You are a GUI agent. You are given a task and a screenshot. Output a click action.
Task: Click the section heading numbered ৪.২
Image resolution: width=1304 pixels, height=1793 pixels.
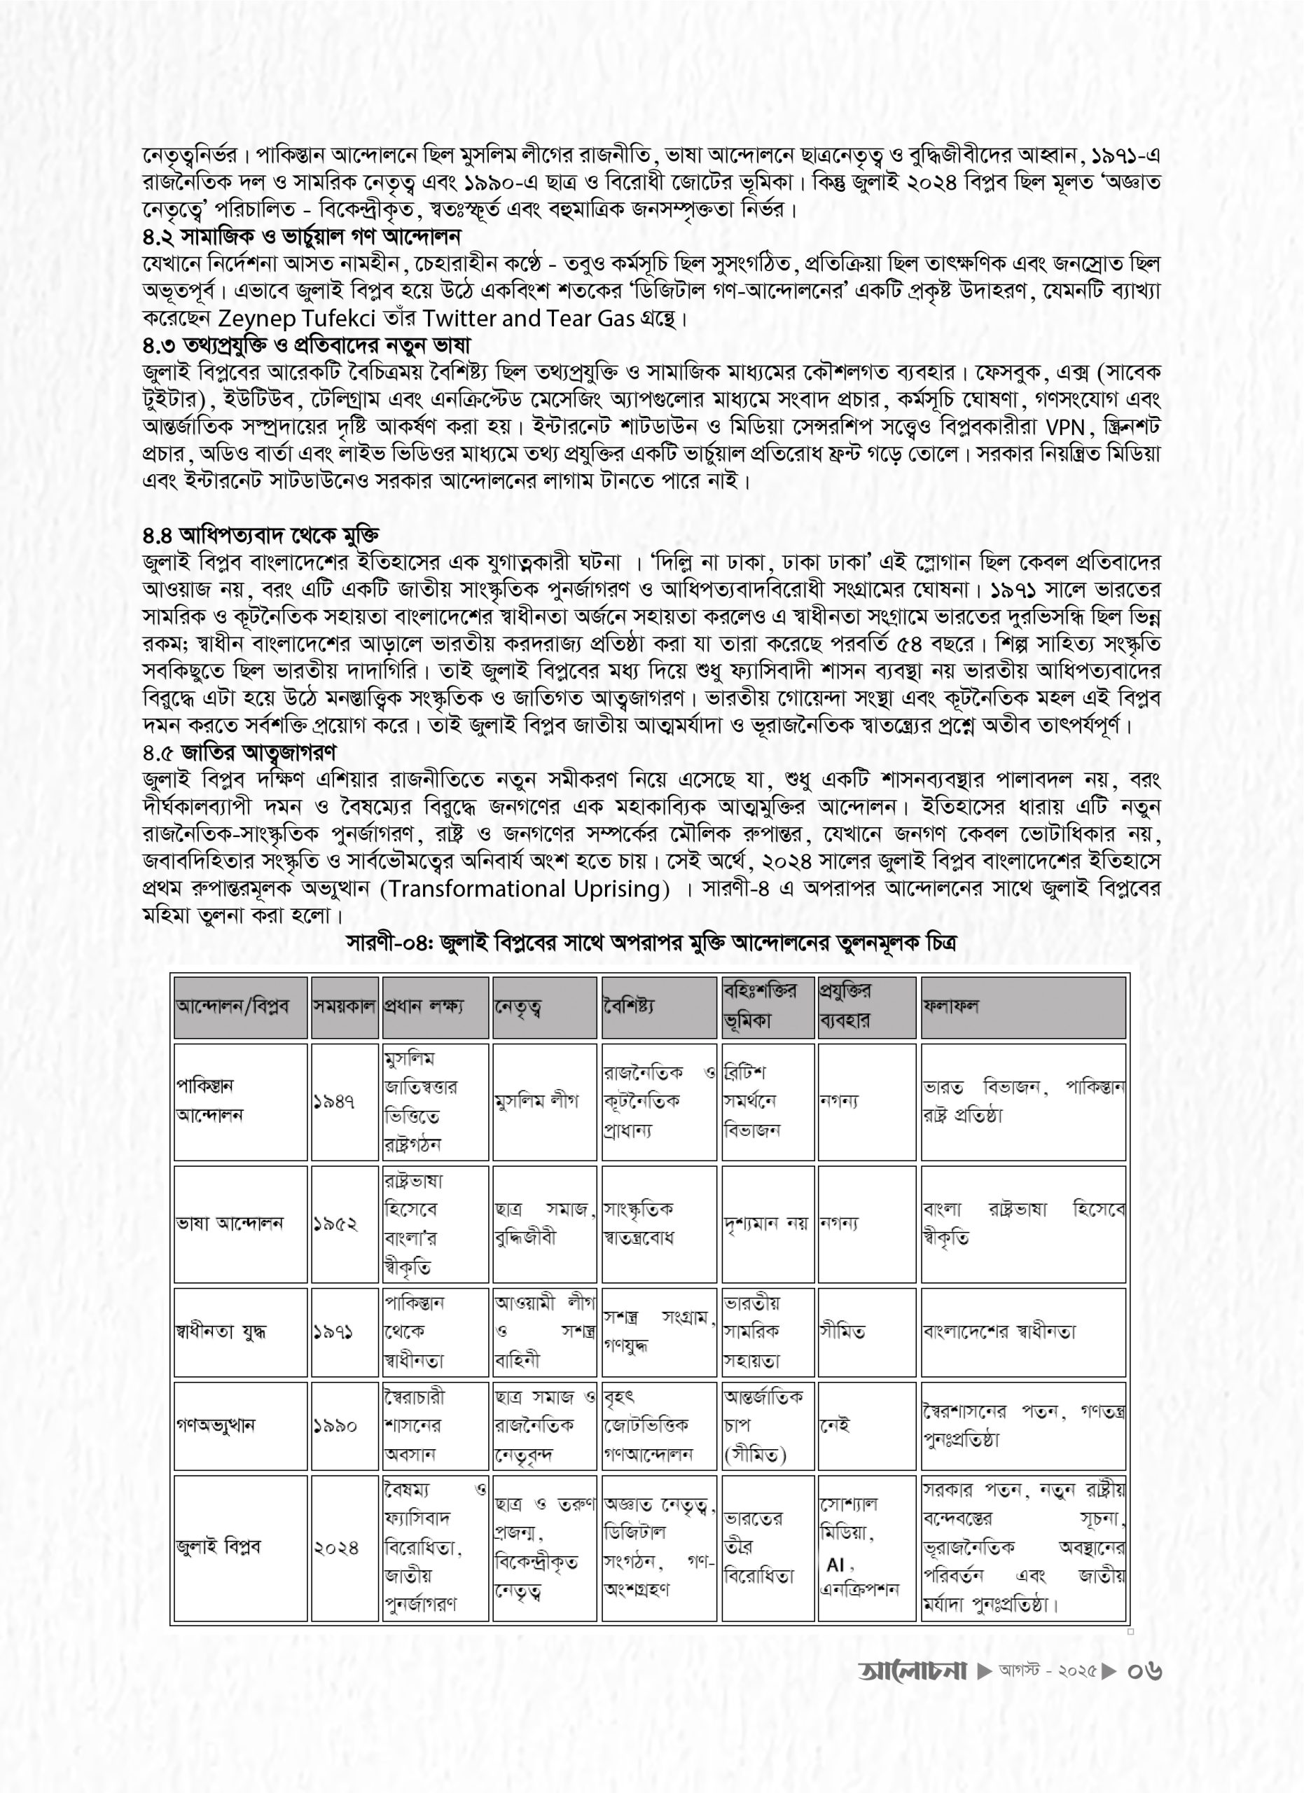pyautogui.click(x=302, y=236)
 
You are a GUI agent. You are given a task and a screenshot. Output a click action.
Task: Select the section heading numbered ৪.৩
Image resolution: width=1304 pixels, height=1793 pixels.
pyautogui.click(x=307, y=345)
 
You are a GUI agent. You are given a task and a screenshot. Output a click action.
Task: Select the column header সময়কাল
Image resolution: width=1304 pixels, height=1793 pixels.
pyautogui.click(x=344, y=1007)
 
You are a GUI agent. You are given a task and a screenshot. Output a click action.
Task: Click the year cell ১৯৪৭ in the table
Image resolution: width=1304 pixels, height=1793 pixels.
pyautogui.click(x=333, y=1101)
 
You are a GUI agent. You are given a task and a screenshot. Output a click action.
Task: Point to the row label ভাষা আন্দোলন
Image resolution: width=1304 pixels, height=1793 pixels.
pyautogui.click(x=229, y=1224)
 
